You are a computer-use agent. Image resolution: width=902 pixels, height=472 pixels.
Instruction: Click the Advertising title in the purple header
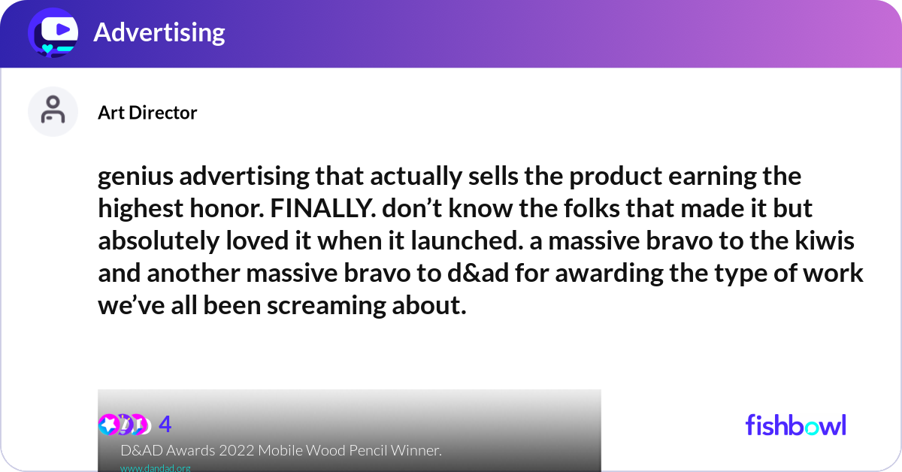tap(159, 32)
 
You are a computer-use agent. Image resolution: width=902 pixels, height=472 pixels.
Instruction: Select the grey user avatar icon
tap(53, 111)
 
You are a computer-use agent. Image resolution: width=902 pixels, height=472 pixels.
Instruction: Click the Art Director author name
tap(147, 113)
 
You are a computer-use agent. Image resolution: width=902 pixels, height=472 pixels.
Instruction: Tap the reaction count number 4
tap(165, 425)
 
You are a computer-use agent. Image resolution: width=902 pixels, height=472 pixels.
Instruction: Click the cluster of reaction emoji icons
tap(124, 425)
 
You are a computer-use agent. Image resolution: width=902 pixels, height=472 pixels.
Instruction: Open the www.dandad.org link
tap(155, 467)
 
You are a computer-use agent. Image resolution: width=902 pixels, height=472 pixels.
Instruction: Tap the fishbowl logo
tap(795, 425)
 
